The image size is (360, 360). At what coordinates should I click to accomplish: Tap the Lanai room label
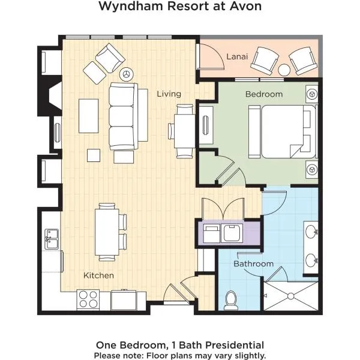click(x=234, y=56)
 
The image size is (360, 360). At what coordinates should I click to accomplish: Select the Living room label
click(x=169, y=94)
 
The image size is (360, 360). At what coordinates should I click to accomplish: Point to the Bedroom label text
click(x=263, y=94)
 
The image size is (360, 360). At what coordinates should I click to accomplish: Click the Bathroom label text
click(x=253, y=263)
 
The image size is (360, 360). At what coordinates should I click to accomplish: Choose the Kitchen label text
click(x=98, y=275)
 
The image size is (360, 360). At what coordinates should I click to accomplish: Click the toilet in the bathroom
click(x=230, y=301)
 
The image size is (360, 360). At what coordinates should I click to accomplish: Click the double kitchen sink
click(x=50, y=238)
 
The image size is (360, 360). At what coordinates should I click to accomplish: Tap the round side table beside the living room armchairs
click(x=127, y=74)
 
